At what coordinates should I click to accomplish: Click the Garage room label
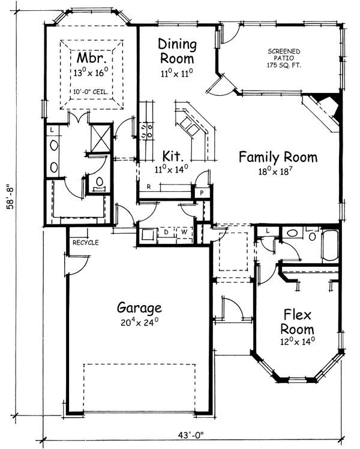(x=139, y=308)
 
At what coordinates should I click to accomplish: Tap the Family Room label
(x=278, y=157)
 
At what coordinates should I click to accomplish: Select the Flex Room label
(x=297, y=322)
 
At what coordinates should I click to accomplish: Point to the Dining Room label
(x=178, y=51)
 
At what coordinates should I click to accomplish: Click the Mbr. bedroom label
(x=92, y=58)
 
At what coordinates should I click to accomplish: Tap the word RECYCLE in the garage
(x=85, y=243)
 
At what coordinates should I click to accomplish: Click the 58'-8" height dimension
(x=11, y=198)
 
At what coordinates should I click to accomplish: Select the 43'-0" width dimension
(x=190, y=435)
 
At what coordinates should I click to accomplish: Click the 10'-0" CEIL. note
(x=91, y=92)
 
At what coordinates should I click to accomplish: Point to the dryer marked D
(x=166, y=232)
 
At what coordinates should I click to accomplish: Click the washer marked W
(x=184, y=232)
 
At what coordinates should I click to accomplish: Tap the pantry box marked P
(x=202, y=192)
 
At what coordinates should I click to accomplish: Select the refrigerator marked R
(x=149, y=186)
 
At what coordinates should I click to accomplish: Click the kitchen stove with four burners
(x=146, y=131)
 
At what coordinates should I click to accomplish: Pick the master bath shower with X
(x=101, y=138)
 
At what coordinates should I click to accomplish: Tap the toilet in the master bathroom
(x=100, y=183)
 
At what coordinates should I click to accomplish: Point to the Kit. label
(x=173, y=156)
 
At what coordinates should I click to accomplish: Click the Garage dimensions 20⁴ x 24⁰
(x=139, y=322)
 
